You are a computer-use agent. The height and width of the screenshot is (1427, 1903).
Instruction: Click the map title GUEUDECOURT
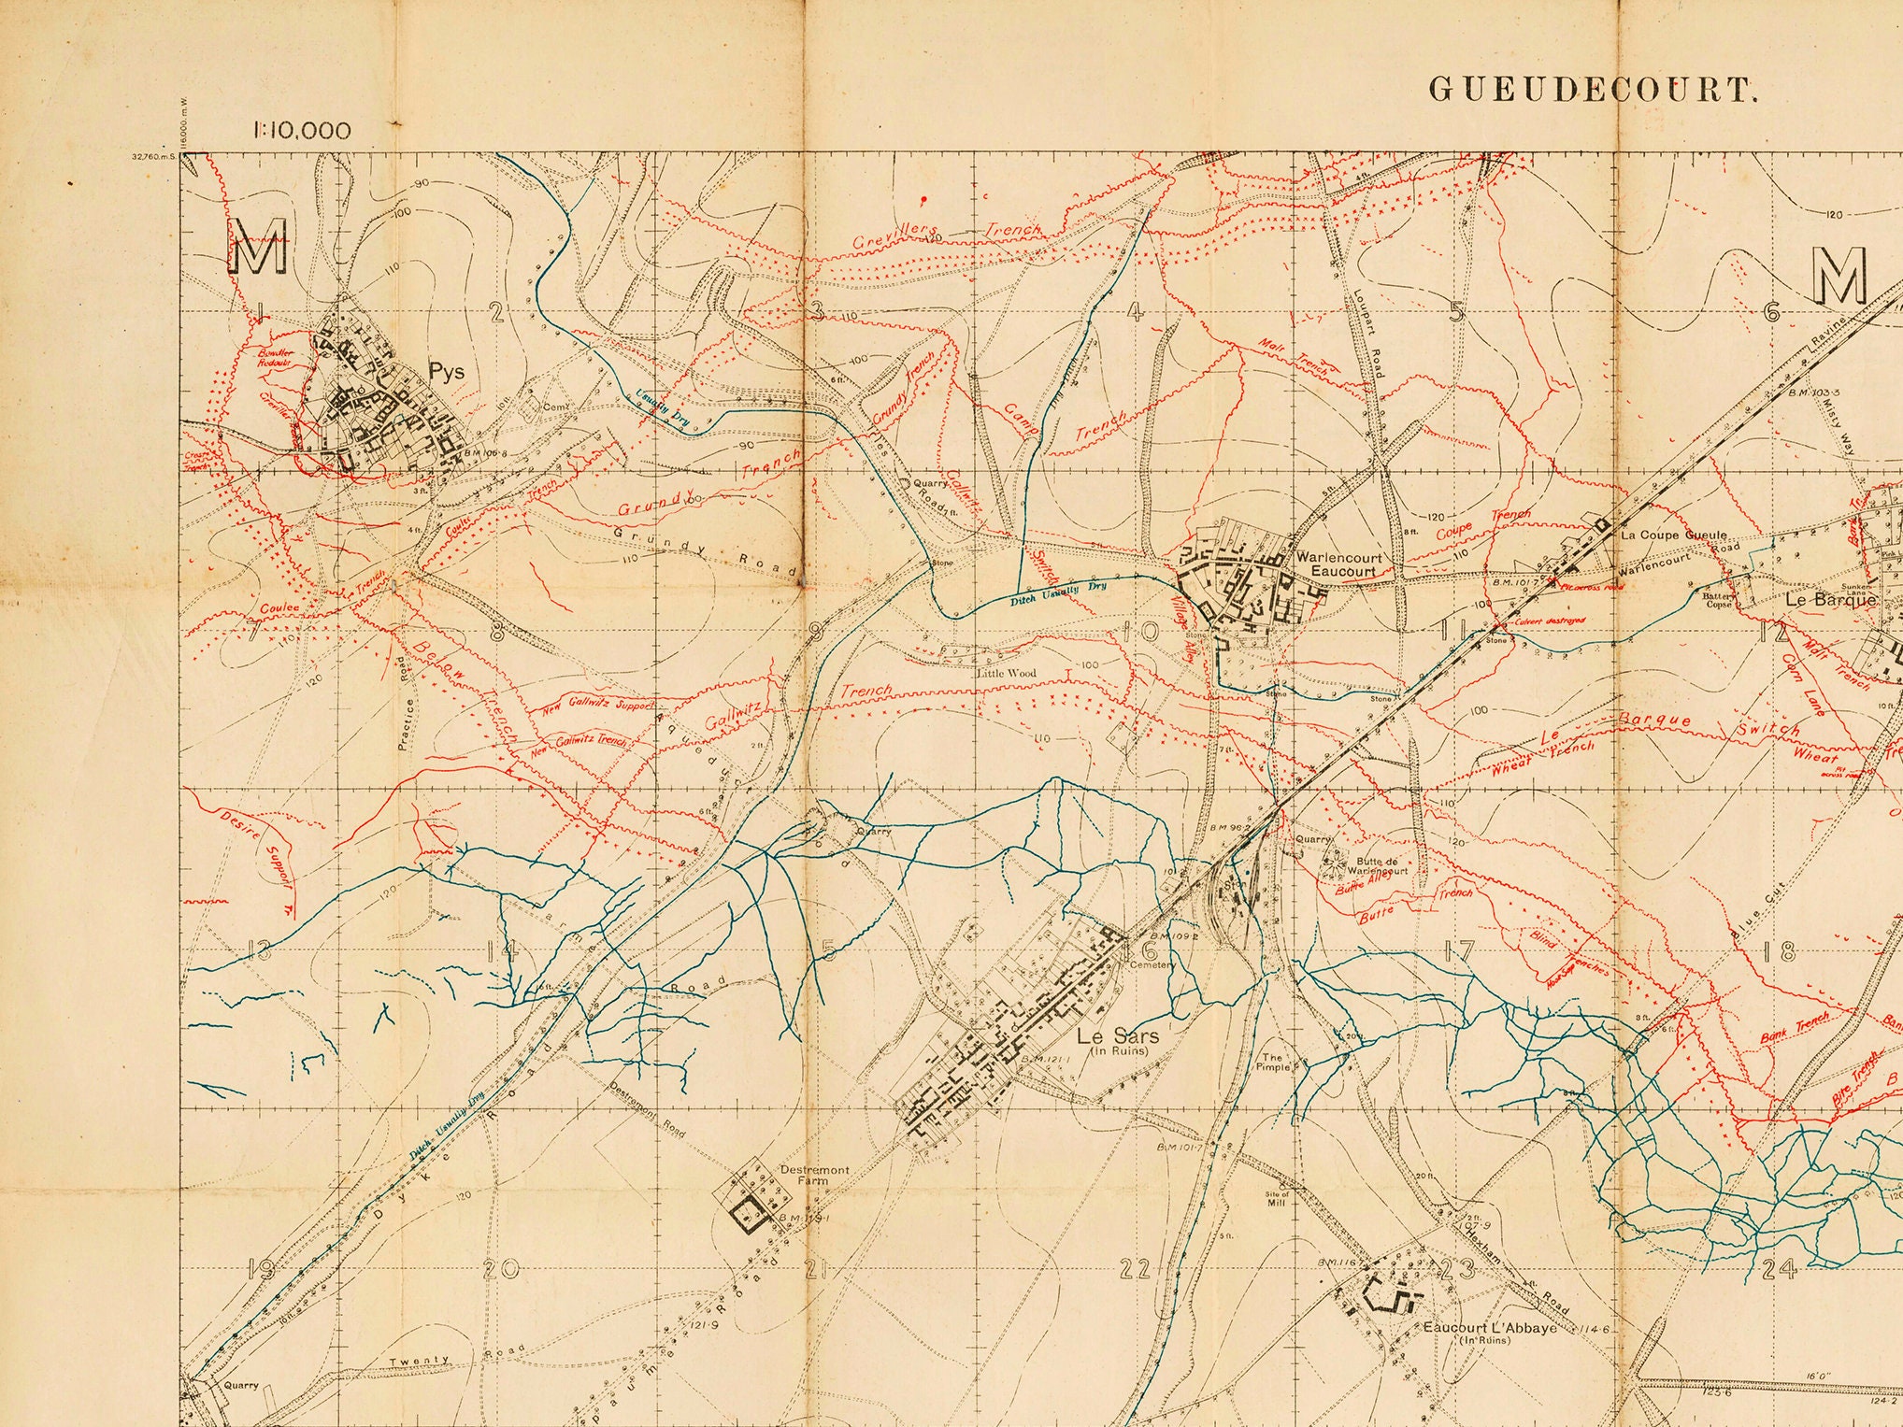1590,90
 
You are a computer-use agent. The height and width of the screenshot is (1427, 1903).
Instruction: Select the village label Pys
446,372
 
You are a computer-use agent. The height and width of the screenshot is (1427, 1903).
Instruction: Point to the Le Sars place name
1117,1035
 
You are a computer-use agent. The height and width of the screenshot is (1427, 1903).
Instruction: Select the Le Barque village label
1830,600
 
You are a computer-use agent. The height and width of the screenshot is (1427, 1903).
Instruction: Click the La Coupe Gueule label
1673,535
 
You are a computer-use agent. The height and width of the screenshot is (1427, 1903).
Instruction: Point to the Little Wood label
1007,673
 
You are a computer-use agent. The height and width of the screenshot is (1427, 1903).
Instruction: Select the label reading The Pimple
1273,1063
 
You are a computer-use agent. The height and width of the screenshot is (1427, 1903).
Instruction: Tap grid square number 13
259,952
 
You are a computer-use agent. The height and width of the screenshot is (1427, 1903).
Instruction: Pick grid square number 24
1778,1269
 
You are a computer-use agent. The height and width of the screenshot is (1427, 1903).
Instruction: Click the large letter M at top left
257,247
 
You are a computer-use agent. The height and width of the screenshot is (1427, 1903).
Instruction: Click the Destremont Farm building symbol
749,1215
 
